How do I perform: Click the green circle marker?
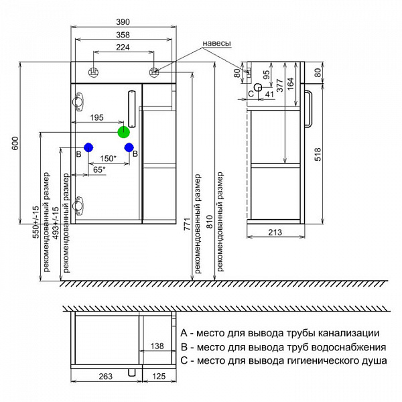point(123,132)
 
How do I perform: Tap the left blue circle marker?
point(87,147)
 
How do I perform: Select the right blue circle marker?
point(129,147)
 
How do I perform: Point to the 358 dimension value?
point(122,35)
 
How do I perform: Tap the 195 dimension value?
point(96,118)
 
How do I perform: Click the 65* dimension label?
point(98,171)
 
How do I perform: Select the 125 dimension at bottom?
point(156,377)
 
